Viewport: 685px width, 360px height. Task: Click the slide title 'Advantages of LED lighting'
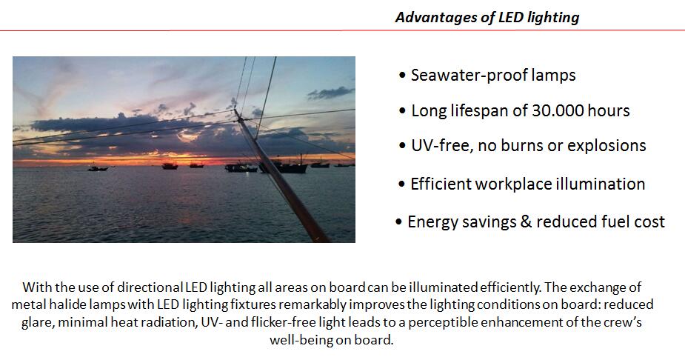click(487, 18)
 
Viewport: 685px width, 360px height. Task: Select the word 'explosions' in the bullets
click(607, 145)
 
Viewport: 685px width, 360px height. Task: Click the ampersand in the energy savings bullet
click(526, 221)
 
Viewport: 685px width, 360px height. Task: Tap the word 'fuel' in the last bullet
click(615, 221)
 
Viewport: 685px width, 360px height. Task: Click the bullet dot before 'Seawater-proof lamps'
click(402, 76)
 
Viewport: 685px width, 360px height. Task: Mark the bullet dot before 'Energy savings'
click(398, 222)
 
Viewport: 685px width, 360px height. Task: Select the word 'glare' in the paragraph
click(37, 322)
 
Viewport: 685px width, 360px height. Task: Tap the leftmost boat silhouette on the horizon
click(98, 167)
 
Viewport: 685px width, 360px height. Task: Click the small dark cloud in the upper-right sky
click(330, 93)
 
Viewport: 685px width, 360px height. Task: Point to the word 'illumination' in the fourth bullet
click(601, 184)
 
